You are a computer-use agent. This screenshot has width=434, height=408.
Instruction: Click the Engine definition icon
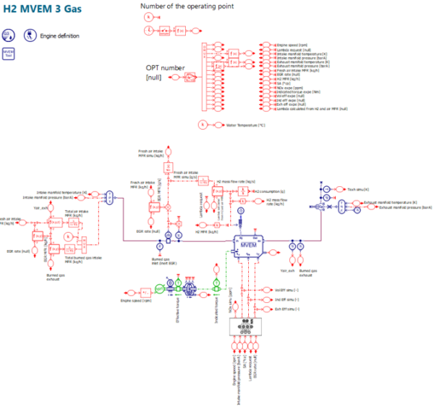(30, 35)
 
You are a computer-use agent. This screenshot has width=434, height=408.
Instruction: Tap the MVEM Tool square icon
(9, 54)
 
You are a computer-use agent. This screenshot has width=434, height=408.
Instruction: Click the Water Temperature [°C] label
(246, 125)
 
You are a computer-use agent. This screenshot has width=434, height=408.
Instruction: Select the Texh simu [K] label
(358, 188)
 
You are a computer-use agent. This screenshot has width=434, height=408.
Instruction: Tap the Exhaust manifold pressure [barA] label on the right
(395, 207)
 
